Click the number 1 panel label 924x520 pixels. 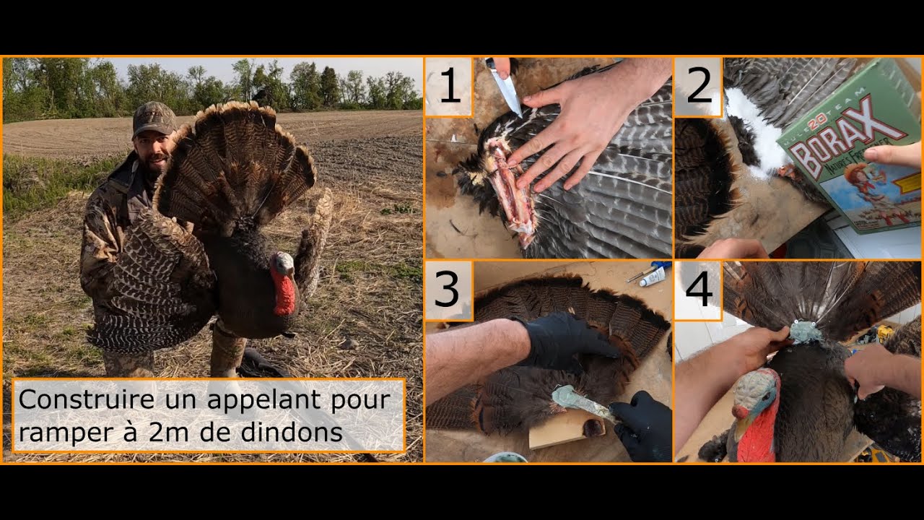449,87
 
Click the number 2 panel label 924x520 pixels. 699,87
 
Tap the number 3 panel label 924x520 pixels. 448,290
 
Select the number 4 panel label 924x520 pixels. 698,290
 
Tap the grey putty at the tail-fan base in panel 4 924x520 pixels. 805,332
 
